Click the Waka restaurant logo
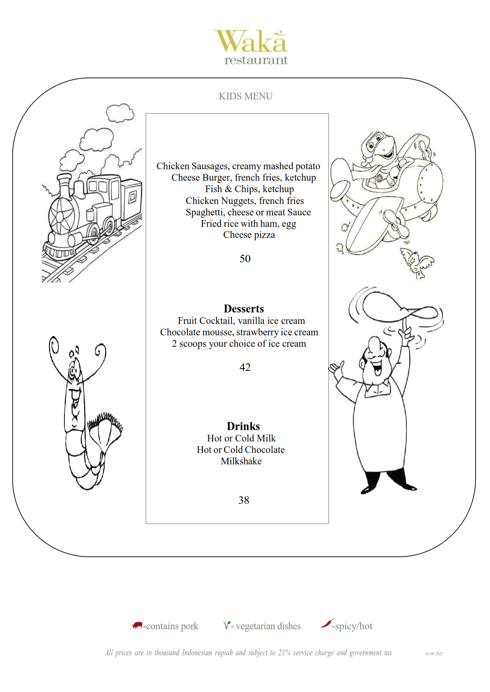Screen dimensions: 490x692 pyautogui.click(x=251, y=47)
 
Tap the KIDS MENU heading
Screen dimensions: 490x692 pyautogui.click(x=246, y=96)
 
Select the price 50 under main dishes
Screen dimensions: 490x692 pyautogui.click(x=245, y=259)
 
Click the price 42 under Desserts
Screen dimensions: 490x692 pyautogui.click(x=245, y=367)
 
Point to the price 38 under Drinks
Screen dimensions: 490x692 pyautogui.click(x=244, y=500)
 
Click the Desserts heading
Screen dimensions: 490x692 pyautogui.click(x=244, y=309)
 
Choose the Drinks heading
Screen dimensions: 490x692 pyautogui.click(x=243, y=426)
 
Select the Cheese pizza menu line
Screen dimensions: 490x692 pyautogui.click(x=249, y=235)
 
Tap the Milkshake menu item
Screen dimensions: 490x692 pyautogui.click(x=241, y=461)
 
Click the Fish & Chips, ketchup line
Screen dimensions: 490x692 pyautogui.click(x=249, y=189)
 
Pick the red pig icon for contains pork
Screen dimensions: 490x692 pyautogui.click(x=137, y=625)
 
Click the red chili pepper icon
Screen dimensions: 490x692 pyautogui.click(x=328, y=623)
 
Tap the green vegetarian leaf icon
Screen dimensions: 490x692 pyautogui.click(x=227, y=625)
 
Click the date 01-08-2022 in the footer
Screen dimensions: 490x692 pyautogui.click(x=434, y=654)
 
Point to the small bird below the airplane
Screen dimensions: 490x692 pyautogui.click(x=416, y=261)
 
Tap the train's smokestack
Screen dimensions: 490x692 pyautogui.click(x=64, y=185)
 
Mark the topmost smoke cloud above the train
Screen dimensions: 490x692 pyautogui.click(x=120, y=113)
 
